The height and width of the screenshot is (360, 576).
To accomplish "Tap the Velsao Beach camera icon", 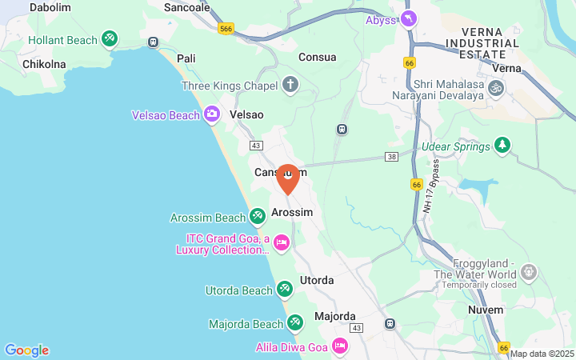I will coord(212,114).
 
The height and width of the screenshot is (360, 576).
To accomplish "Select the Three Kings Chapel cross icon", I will coord(290,85).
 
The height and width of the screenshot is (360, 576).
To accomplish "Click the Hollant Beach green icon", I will coord(110,39).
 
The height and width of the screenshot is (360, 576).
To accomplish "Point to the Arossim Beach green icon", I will coord(257,216).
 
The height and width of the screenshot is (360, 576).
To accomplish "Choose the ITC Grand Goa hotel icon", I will coord(281,242).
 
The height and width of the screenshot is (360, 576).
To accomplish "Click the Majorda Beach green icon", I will coord(295,322).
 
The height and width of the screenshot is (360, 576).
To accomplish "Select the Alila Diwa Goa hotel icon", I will coord(339,346).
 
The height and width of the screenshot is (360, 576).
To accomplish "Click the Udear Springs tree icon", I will coord(502,145).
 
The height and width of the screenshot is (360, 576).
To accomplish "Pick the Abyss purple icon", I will coord(409,18).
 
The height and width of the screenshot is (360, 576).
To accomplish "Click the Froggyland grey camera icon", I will coord(528,272).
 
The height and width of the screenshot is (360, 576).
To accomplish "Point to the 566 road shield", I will coord(226,27).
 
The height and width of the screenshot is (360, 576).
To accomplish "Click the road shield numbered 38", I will coord(392,157).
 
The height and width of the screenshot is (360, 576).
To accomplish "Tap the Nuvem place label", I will coord(486,310).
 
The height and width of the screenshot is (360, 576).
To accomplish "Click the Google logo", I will coord(26,350).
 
